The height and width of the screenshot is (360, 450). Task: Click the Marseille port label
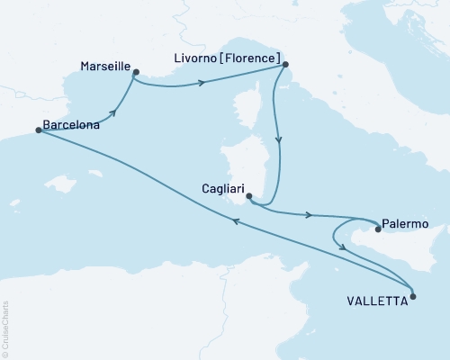pyautogui.click(x=104, y=67)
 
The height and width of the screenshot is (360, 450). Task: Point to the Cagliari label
pyautogui.click(x=219, y=191)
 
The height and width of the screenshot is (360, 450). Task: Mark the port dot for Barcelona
pyautogui.click(x=38, y=130)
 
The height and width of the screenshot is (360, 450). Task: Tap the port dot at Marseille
pyautogui.click(x=135, y=73)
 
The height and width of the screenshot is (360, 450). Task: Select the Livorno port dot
pyautogui.click(x=285, y=64)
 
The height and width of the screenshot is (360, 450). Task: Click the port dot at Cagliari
pyautogui.click(x=249, y=199)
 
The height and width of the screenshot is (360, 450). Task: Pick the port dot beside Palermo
pyautogui.click(x=378, y=229)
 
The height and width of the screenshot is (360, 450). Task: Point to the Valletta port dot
pyautogui.click(x=412, y=295)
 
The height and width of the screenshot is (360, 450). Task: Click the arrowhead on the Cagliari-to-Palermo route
pyautogui.click(x=310, y=215)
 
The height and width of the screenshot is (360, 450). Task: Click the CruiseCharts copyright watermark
pyautogui.click(x=5, y=328)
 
